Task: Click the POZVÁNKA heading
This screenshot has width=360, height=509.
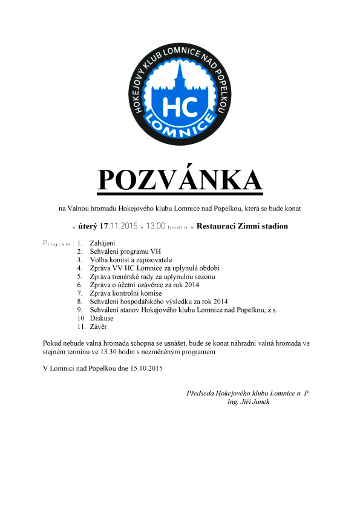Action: (180, 180)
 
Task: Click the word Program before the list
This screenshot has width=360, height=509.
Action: (56, 243)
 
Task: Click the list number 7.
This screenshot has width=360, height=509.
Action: (79, 293)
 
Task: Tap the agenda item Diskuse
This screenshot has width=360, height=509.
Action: (101, 318)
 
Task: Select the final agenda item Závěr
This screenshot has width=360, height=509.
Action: (99, 326)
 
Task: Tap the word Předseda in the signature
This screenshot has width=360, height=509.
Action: (202, 394)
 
